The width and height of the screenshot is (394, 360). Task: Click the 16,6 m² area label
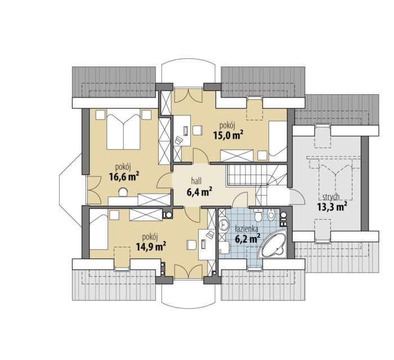[x=124, y=176]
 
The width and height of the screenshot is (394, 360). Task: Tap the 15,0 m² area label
[x=228, y=135]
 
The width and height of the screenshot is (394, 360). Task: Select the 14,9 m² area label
[x=151, y=246]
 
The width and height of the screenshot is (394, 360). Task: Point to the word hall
[x=196, y=180]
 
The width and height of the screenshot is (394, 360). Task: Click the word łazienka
[x=244, y=229]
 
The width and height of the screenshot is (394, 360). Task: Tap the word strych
[x=332, y=197]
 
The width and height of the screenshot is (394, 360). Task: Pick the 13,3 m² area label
[x=332, y=207]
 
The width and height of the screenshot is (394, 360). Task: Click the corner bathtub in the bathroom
[x=272, y=243]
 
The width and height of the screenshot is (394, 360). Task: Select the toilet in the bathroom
[x=258, y=214]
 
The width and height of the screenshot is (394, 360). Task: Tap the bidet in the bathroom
[x=271, y=214]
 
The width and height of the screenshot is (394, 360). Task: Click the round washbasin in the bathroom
[x=223, y=224]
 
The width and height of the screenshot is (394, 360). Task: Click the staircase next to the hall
[x=257, y=179]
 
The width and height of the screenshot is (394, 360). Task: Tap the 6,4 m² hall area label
[x=199, y=192]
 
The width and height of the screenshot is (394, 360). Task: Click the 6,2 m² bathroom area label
[x=247, y=238]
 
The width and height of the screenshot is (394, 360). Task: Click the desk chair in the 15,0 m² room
[x=178, y=140]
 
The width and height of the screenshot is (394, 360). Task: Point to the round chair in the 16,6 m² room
[x=123, y=192]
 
